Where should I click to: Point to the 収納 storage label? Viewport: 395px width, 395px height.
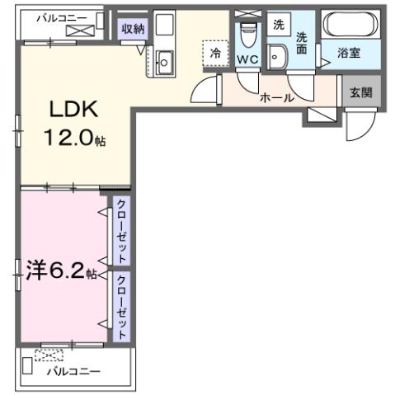[133, 29]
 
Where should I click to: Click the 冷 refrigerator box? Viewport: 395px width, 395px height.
[214, 51]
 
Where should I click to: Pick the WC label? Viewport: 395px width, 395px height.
[247, 61]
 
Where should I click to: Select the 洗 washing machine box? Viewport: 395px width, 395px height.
[279, 25]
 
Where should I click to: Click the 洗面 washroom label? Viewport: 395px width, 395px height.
[302, 42]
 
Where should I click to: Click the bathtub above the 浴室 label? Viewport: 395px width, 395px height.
[350, 25]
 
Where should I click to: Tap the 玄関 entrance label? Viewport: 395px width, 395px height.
[360, 91]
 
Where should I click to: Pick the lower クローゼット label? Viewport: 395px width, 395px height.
[120, 305]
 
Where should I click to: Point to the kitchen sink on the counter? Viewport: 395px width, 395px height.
[163, 61]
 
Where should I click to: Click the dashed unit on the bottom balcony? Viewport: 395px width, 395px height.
[49, 356]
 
